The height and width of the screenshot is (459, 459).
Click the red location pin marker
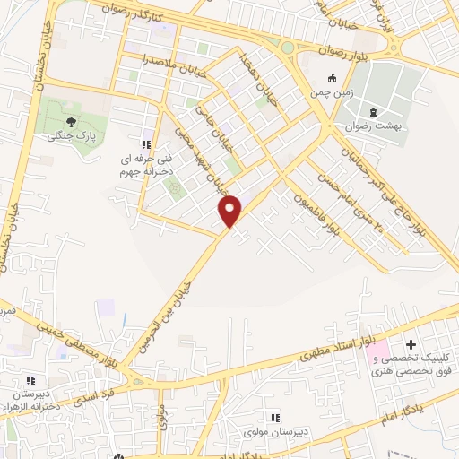(x=230, y=210)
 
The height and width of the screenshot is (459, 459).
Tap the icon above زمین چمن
(x=333, y=77)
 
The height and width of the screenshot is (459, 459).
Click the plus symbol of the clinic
(x=411, y=343)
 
